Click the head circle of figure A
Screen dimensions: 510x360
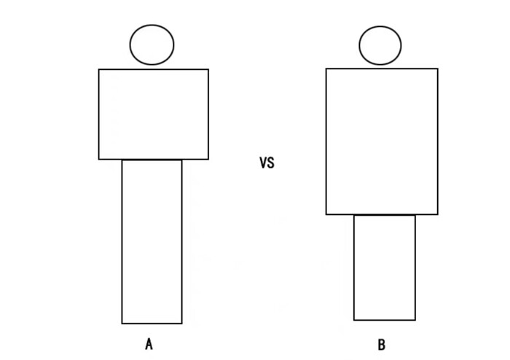pyautogui.click(x=152, y=25)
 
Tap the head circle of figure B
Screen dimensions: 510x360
pyautogui.click(x=380, y=27)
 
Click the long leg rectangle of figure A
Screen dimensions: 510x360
pyautogui.click(x=122, y=242)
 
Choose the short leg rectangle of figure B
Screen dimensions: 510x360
pyautogui.click(x=354, y=267)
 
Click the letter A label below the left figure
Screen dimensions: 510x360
pyautogui.click(x=149, y=344)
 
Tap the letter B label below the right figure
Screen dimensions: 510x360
pyautogui.click(x=382, y=345)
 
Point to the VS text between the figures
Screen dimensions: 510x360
pyautogui.click(x=267, y=163)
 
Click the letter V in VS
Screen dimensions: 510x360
pyautogui.click(x=263, y=163)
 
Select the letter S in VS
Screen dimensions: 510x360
pyautogui.click(x=271, y=163)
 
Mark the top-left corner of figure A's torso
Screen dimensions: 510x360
pyautogui.click(x=99, y=69)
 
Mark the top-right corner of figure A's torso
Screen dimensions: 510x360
pyautogui.click(x=208, y=69)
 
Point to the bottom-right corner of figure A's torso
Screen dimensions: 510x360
pyautogui.click(x=208, y=160)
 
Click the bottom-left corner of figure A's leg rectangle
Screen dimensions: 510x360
pyautogui.click(x=122, y=324)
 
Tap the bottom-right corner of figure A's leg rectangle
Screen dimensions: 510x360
pyautogui.click(x=182, y=324)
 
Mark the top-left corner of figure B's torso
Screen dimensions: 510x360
pyautogui.click(x=326, y=69)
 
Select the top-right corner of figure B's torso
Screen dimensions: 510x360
pyautogui.click(x=438, y=69)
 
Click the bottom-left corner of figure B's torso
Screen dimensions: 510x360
pyautogui.click(x=326, y=214)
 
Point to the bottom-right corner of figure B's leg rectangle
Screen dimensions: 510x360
pyautogui.click(x=415, y=320)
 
